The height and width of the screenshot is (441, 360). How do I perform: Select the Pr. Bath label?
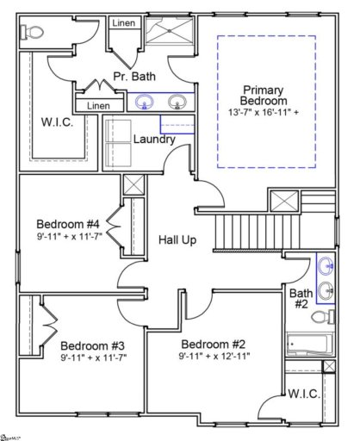click(134, 77)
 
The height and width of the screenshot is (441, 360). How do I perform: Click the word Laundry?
click(155, 140)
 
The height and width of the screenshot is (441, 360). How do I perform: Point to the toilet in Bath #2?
click(325, 318)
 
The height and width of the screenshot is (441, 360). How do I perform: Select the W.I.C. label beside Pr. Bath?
click(57, 123)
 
